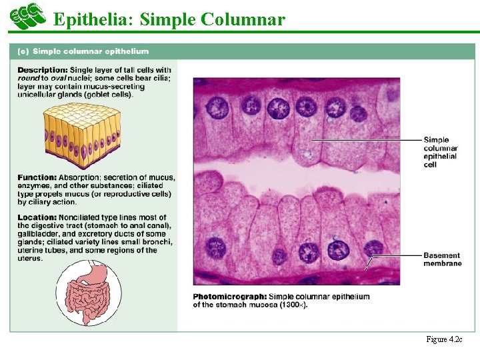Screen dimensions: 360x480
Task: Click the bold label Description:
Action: coord(43,70)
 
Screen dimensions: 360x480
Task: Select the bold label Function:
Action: coord(37,177)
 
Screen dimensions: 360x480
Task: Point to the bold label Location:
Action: coord(37,217)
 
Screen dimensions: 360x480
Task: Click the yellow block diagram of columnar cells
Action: coord(82,137)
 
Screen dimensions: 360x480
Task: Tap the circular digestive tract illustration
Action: coord(87,293)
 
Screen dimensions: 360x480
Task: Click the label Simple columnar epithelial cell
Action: coord(440,152)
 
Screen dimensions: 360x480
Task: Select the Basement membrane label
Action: coord(442,259)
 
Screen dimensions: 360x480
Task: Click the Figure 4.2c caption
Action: coord(444,339)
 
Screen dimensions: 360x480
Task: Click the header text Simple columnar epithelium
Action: coord(91,51)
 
